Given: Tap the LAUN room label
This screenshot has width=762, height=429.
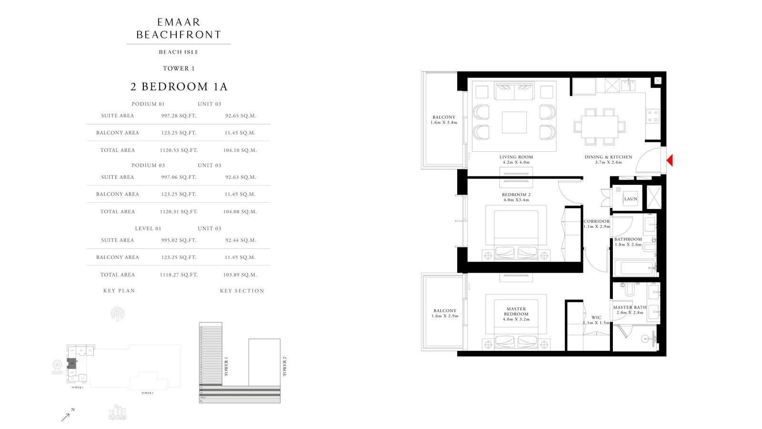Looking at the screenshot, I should click(x=631, y=199).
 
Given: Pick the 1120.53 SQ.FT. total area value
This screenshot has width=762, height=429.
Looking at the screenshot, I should click(x=179, y=151).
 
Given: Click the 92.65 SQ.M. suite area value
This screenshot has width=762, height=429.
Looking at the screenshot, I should click(x=241, y=116).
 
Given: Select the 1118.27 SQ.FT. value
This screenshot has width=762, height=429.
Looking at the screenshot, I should click(x=179, y=275).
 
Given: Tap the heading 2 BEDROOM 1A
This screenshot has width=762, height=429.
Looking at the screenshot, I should click(x=179, y=87).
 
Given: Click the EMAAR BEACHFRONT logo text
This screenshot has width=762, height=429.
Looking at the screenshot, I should click(x=179, y=29).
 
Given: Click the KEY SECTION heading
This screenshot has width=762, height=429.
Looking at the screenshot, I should click(x=242, y=291).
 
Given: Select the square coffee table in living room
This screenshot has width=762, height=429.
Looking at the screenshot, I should click(x=514, y=123).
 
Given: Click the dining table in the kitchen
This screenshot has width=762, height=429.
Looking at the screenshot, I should click(x=600, y=126).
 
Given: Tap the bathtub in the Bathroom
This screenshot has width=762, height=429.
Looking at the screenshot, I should click(x=634, y=268).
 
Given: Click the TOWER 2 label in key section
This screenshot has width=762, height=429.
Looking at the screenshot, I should click(x=284, y=367).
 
